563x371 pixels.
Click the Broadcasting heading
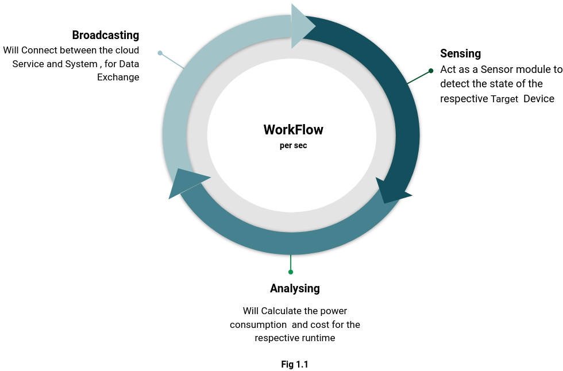106,36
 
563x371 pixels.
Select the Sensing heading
460,54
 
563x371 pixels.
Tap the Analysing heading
295,288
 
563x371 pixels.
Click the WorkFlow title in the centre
293,130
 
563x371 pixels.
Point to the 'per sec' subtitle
293,146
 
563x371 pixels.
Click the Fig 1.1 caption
295,364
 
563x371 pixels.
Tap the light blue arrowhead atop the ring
302,26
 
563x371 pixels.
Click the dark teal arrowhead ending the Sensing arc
391,191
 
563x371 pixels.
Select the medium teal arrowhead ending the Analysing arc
185,182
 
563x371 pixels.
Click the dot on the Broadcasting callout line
160,53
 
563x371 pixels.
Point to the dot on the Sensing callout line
431,71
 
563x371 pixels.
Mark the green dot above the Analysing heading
291,272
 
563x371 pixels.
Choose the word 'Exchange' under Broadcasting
118,78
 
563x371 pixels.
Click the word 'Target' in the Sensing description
504,99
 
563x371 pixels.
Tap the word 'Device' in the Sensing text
539,99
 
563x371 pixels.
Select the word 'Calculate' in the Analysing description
281,311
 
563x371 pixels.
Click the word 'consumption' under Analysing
258,325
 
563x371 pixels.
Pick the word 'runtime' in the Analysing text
318,338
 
